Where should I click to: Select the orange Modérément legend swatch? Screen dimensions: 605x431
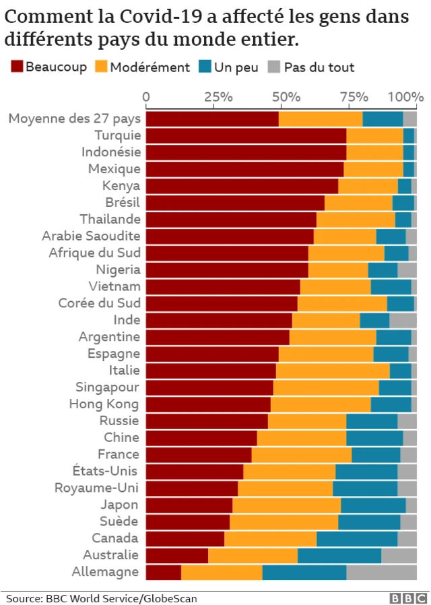pyautogui.click(x=100, y=67)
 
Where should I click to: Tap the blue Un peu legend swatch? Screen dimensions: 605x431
pyautogui.click(x=205, y=67)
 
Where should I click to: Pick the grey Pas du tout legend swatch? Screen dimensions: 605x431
pyautogui.click(x=274, y=67)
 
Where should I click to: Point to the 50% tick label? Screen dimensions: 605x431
pyautogui.click(x=286, y=97)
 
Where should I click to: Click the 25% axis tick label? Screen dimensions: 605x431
pyautogui.click(x=218, y=97)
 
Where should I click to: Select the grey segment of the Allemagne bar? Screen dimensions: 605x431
pyautogui.click(x=381, y=573)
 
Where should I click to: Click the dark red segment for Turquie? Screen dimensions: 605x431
pyautogui.click(x=246, y=135)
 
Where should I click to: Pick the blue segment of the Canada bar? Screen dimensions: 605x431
pyautogui.click(x=357, y=539)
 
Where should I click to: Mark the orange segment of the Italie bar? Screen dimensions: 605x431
pyautogui.click(x=333, y=371)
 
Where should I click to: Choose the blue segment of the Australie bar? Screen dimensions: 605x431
pyautogui.click(x=339, y=556)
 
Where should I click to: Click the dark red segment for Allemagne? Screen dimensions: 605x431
pyautogui.click(x=164, y=573)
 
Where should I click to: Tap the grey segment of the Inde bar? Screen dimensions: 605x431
pyautogui.click(x=403, y=320)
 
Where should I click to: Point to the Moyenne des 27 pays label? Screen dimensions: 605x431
pyautogui.click(x=74, y=119)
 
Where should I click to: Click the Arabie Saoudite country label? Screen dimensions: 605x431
pyautogui.click(x=91, y=236)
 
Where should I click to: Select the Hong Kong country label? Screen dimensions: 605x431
pyautogui.click(x=104, y=404)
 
